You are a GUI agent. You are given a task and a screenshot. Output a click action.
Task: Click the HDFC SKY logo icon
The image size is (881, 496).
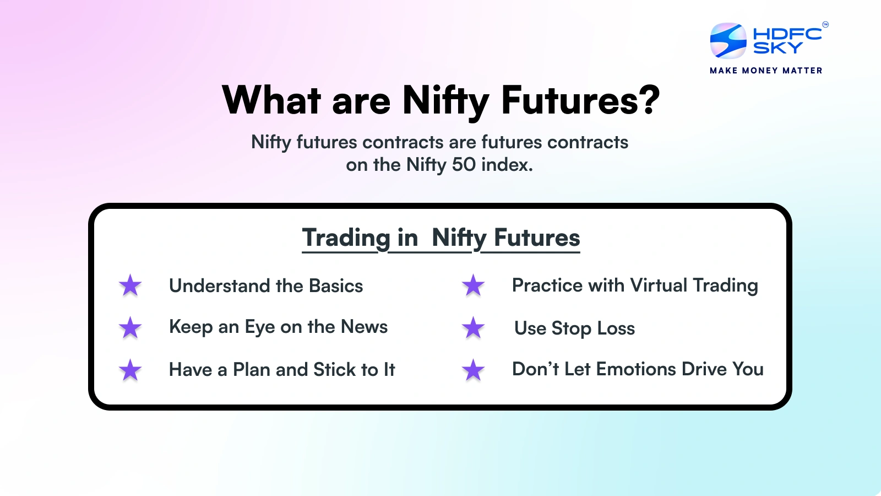point(728,41)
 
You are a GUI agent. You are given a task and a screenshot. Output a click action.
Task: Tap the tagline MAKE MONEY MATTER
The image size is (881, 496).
point(766,71)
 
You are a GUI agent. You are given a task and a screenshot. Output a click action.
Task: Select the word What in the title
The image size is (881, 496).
point(271,100)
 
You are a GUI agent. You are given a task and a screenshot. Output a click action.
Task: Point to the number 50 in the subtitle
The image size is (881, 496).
point(464,165)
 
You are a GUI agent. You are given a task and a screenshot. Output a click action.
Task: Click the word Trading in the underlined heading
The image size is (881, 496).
point(346,238)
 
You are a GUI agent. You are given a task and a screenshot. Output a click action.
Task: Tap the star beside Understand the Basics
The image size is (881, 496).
point(130,285)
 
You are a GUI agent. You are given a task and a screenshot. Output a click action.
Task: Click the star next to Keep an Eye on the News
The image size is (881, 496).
point(130,327)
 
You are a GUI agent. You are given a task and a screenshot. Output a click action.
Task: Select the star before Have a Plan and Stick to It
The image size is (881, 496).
point(130,370)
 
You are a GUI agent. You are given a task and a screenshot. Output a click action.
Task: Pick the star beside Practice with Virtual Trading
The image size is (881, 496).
point(473,285)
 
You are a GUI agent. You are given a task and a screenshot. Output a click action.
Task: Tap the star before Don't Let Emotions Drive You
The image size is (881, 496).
point(473,370)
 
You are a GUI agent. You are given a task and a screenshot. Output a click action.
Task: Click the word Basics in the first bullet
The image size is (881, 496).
point(336,286)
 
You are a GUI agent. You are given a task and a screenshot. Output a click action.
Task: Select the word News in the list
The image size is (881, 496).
point(364,327)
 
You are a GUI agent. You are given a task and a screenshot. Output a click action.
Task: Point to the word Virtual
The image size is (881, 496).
point(659,285)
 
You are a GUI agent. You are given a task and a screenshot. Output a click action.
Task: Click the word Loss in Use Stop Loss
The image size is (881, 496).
point(616,328)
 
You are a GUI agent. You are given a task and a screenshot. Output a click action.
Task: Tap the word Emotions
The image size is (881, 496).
point(636,369)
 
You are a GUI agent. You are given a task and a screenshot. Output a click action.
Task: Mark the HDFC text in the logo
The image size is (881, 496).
point(787,34)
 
